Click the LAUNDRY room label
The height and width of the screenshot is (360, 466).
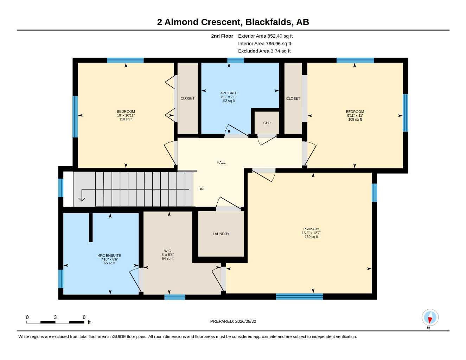tap(221, 234)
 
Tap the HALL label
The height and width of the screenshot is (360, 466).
tap(221, 163)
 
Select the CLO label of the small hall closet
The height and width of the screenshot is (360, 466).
tap(267, 123)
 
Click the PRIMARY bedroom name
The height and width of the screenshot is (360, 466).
tap(311, 229)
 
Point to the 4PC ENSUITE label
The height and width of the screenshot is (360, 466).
tap(109, 256)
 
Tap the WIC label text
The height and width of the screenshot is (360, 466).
tap(167, 251)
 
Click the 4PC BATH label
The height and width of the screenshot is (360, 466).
tap(229, 93)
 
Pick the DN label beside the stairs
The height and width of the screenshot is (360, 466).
tap(201, 189)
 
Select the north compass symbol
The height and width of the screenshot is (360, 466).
tap(430, 317)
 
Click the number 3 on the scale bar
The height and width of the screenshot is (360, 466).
tap(55, 317)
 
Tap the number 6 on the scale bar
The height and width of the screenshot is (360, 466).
tap(84, 317)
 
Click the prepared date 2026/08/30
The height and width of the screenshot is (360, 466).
tap(245, 321)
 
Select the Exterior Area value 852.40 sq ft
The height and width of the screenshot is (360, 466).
tap(280, 36)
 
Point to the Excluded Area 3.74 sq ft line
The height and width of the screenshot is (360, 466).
tap(264, 51)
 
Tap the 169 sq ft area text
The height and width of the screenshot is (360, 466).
tap(311, 237)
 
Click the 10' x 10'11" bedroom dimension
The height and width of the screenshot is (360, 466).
tap(126, 115)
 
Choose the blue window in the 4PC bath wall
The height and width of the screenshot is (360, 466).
tap(236, 60)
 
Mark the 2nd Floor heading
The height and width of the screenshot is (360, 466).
tap(222, 36)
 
